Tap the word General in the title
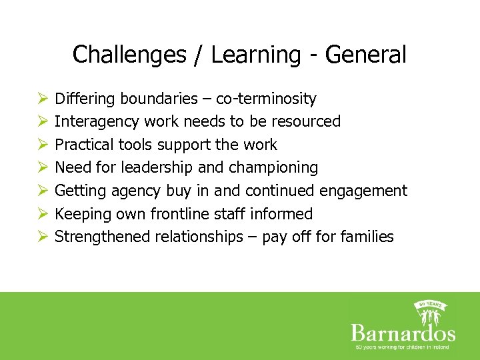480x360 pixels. [365, 55]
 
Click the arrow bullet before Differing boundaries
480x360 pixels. [42, 99]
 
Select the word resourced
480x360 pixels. [308, 121]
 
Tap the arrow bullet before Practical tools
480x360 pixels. [42, 145]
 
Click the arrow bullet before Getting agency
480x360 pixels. [42, 191]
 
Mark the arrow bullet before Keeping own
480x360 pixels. [42, 214]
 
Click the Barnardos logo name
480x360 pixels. [403, 333]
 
